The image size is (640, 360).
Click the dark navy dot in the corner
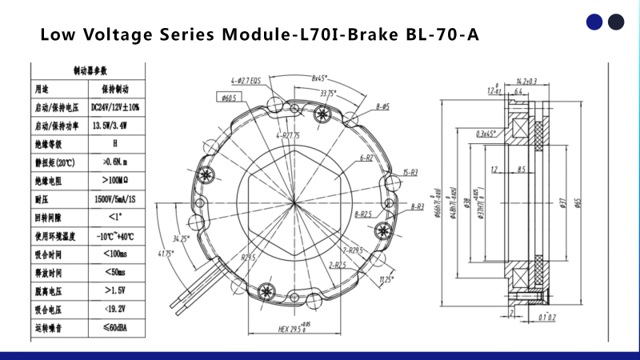click(x=615, y=22)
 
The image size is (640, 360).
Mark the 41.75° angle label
click(x=166, y=255)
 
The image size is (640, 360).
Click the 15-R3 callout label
click(x=410, y=173)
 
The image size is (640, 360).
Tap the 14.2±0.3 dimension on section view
click(x=526, y=82)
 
